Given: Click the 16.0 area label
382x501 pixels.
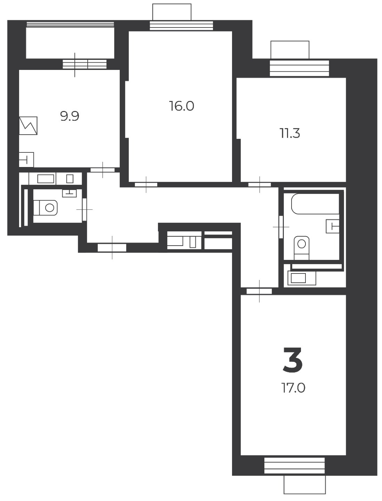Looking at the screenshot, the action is [x=182, y=106].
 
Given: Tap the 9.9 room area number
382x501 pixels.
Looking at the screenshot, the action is [x=70, y=116].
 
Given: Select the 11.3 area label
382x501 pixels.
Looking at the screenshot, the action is [x=290, y=133].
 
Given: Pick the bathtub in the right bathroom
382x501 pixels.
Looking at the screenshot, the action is [x=315, y=204].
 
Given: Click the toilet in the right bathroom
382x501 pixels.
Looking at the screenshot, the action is [x=301, y=248].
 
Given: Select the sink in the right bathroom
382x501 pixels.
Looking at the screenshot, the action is [x=333, y=226].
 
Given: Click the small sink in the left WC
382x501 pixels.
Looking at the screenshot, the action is [x=69, y=193].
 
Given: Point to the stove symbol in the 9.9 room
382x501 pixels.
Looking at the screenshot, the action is [x=28, y=126].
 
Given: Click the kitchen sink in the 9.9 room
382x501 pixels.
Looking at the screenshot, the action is [x=26, y=160].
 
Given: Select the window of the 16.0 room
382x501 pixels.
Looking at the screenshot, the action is [x=181, y=26].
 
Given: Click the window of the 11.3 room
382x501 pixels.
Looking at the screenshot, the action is [x=300, y=68].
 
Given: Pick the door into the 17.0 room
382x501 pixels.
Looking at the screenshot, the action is [x=259, y=291].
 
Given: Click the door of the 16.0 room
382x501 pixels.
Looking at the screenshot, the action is [x=146, y=185].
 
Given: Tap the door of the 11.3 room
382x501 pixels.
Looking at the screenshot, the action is [x=260, y=185].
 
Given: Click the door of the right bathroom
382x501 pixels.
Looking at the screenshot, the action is [x=281, y=227].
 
